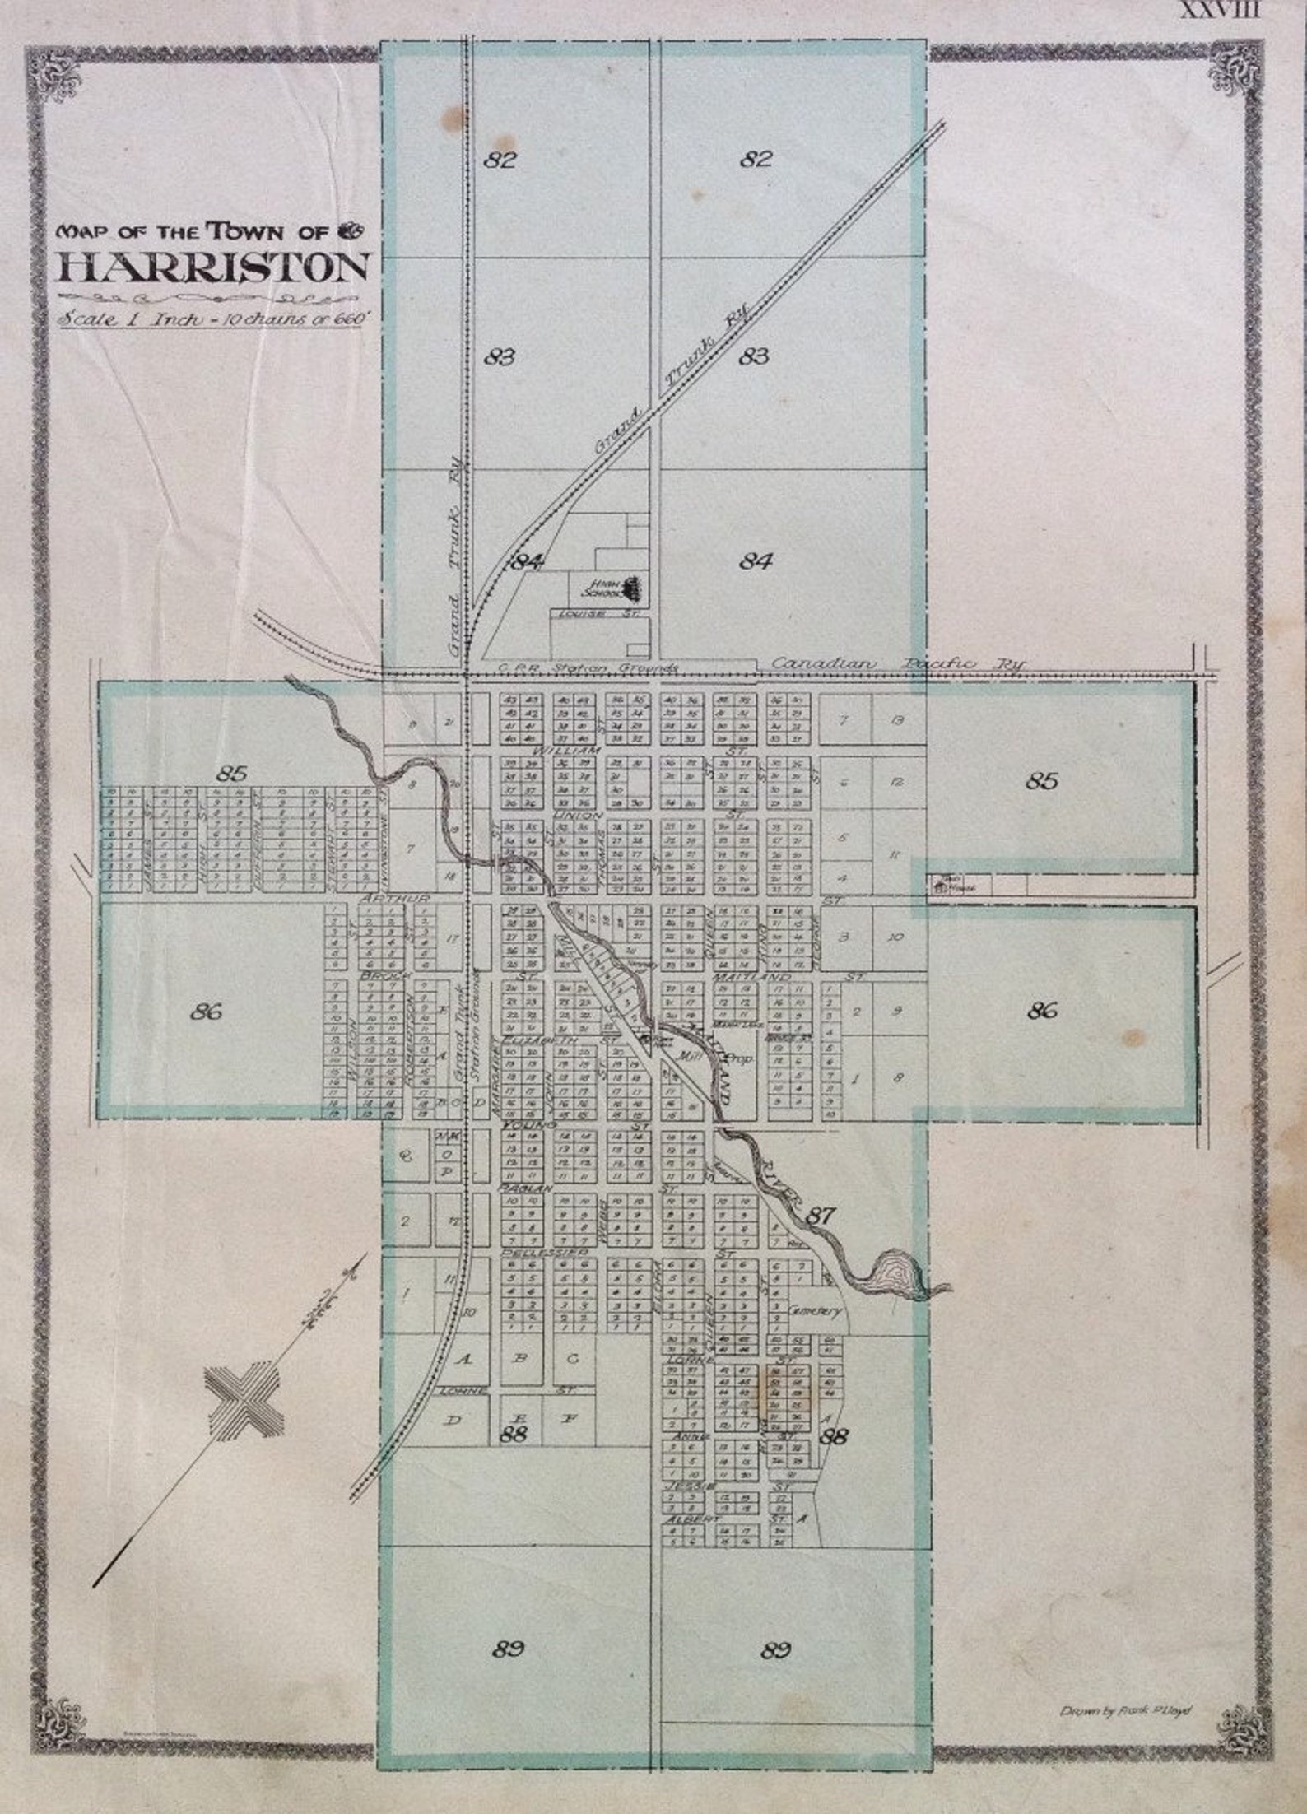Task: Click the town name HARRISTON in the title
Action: point(212,267)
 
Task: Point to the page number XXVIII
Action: point(1220,12)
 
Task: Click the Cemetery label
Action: point(815,1310)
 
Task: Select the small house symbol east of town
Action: point(942,886)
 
